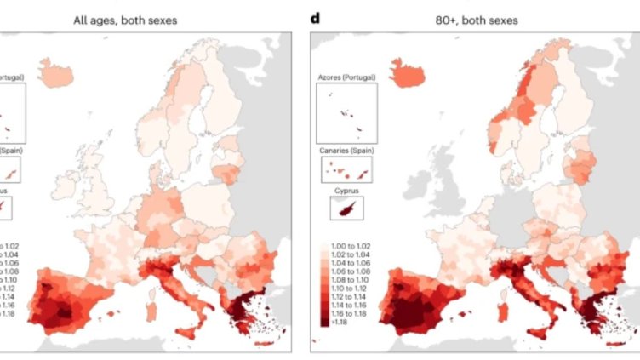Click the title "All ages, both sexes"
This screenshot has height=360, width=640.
click(x=125, y=19)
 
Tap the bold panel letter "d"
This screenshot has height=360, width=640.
click(x=315, y=18)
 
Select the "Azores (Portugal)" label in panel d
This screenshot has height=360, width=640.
click(x=346, y=77)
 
